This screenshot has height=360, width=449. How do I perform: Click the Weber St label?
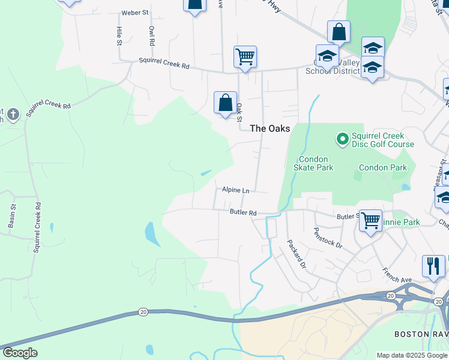[134, 12]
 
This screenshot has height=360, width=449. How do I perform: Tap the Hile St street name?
[119, 35]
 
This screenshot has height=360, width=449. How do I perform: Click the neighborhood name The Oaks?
[270, 128]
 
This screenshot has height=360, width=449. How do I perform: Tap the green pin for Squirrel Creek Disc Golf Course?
[342, 140]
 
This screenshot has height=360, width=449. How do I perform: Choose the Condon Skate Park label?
[316, 163]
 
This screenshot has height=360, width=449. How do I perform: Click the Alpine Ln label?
[235, 190]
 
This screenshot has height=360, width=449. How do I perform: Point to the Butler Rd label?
[243, 212]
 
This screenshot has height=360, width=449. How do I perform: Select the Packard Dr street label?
[297, 254]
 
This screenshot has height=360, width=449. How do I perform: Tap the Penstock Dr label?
[328, 238]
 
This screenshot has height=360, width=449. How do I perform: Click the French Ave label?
[397, 275]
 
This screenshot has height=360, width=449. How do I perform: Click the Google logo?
[19, 353]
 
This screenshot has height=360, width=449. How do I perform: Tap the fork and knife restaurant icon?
[433, 266]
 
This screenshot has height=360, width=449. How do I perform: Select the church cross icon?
[14, 113]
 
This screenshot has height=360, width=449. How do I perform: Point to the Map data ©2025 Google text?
[412, 355]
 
